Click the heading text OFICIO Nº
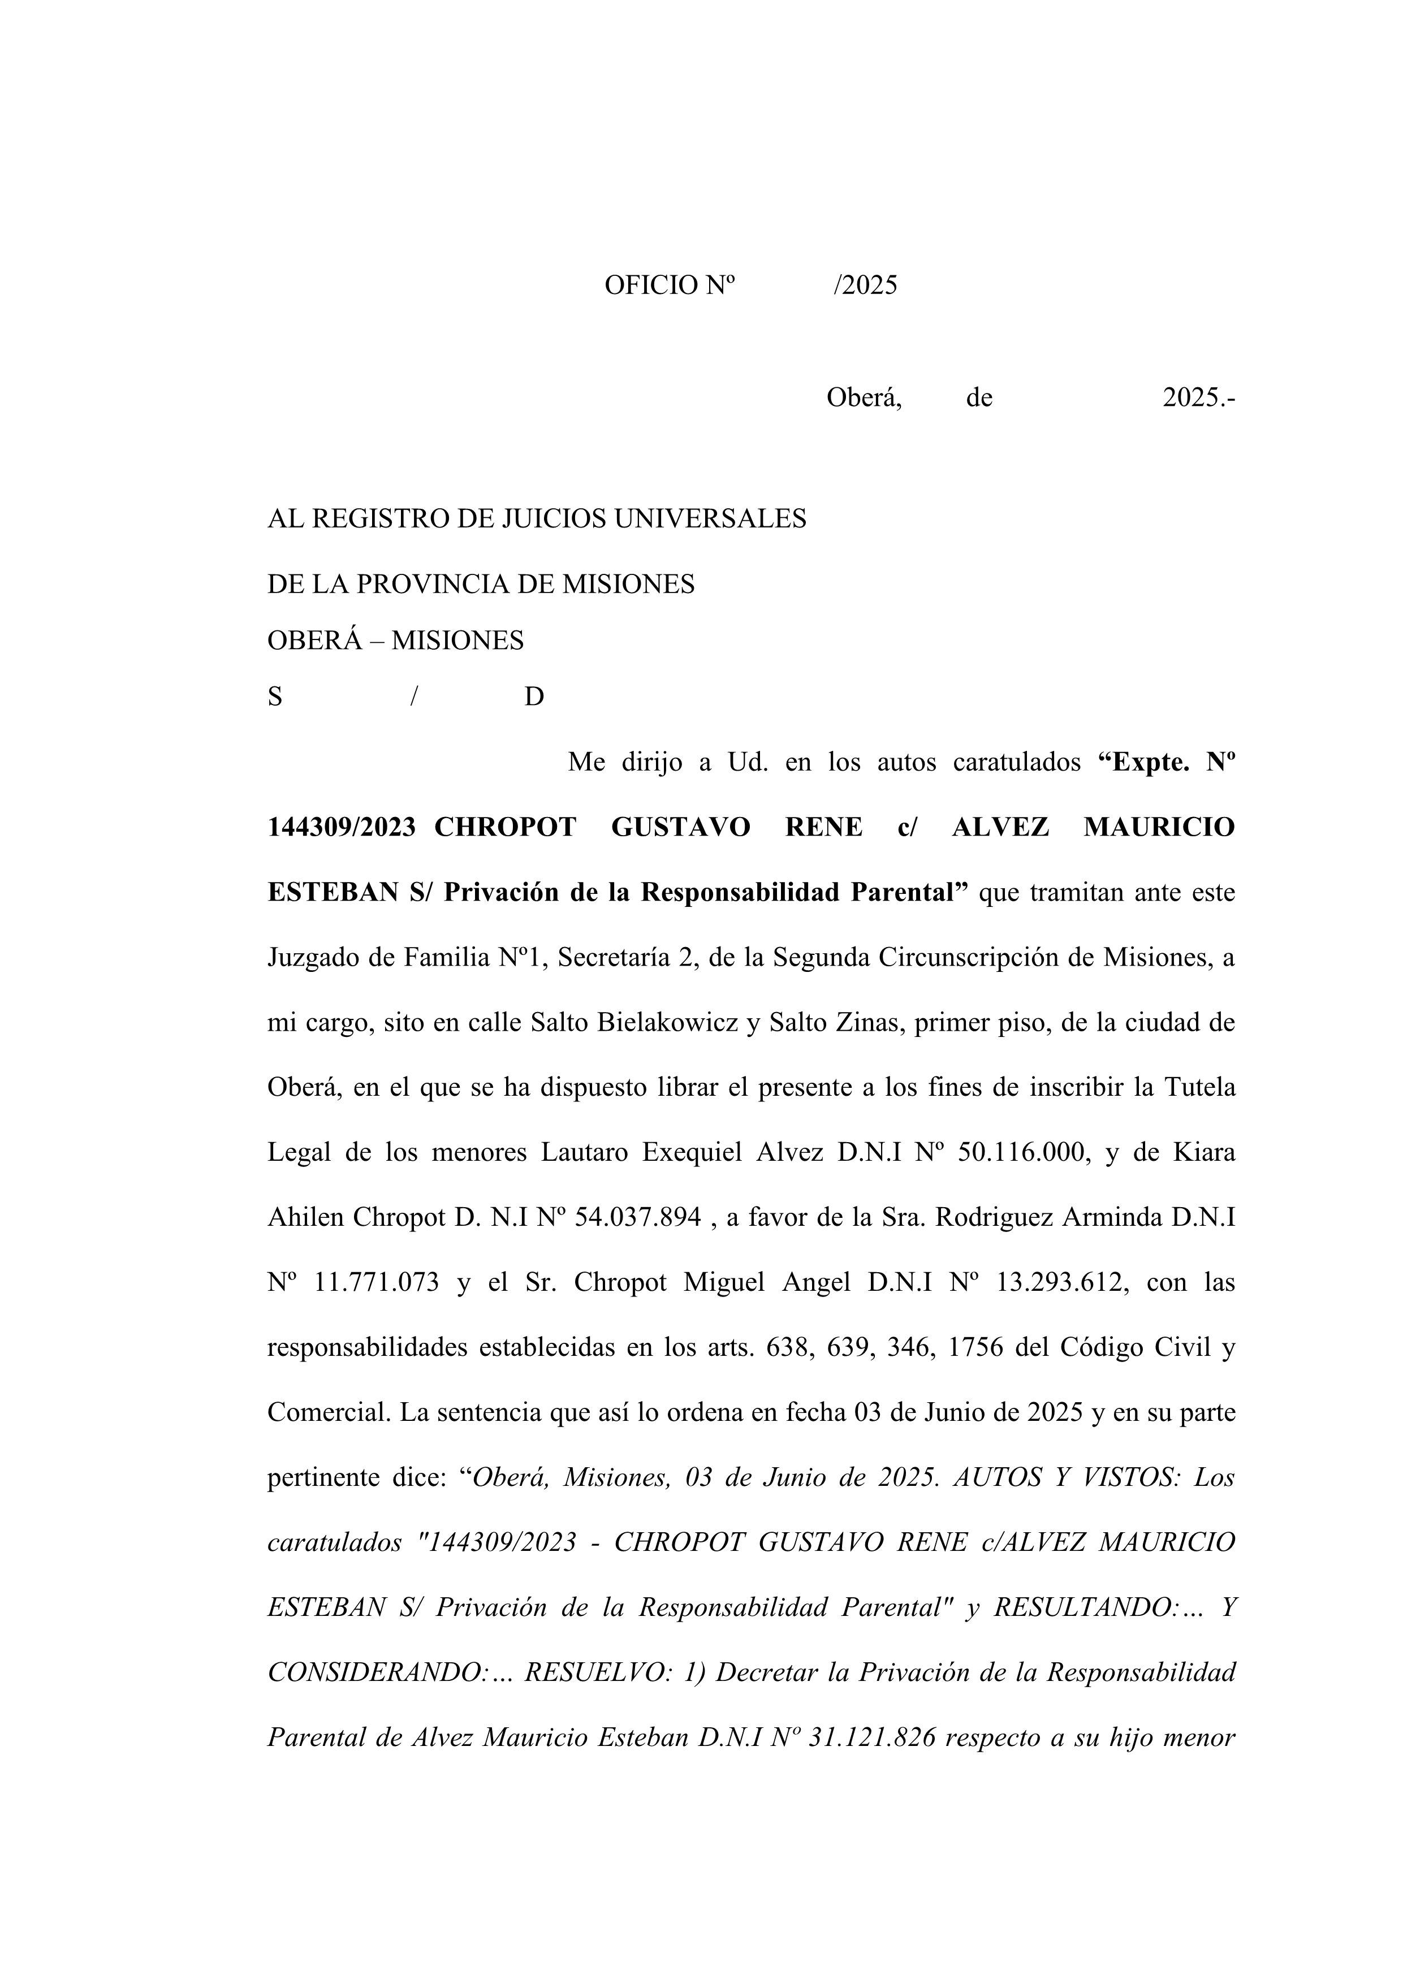(x=668, y=285)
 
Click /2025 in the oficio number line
(x=865, y=285)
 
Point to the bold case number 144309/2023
(x=342, y=827)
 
